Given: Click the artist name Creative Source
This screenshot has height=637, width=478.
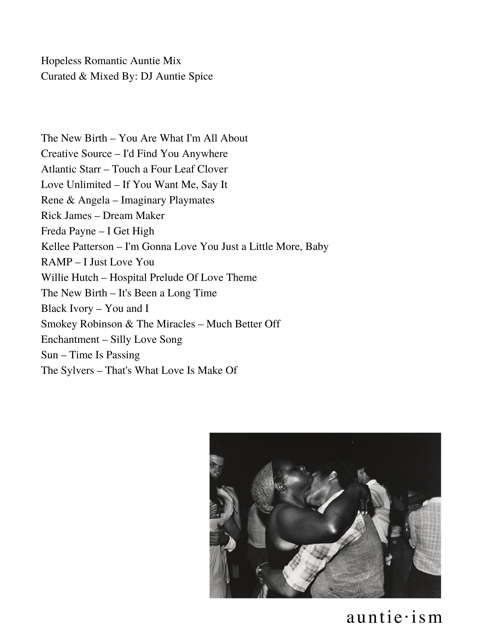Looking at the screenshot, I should [76, 154].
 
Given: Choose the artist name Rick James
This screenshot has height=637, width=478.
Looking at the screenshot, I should [66, 216].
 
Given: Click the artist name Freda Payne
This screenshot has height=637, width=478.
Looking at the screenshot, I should [68, 231].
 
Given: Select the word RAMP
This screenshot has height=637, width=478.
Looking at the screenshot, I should [57, 262].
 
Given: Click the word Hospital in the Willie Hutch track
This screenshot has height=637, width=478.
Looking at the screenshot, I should [128, 278].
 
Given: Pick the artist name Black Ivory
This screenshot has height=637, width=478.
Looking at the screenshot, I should [67, 309].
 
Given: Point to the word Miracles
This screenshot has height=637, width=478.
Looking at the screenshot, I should [176, 324].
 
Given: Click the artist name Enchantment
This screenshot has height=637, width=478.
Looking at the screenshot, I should [70, 340].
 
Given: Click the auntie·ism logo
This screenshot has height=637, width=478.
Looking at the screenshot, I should [394, 617].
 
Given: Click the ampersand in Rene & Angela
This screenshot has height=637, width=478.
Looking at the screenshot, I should [70, 200].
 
